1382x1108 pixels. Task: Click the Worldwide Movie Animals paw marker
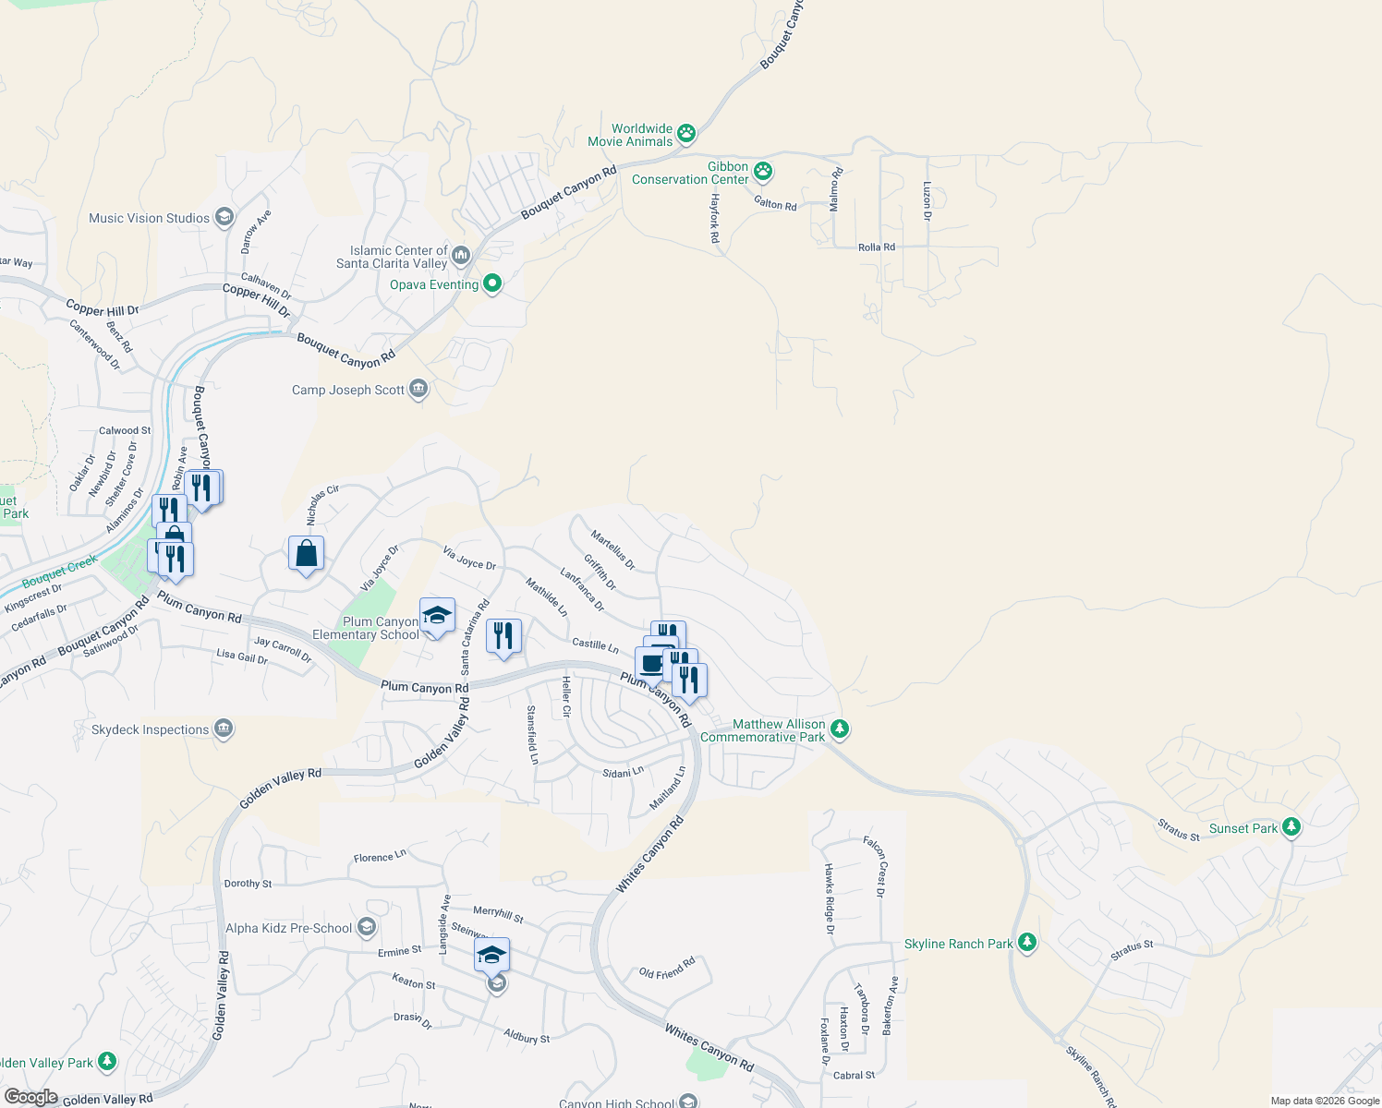click(x=686, y=134)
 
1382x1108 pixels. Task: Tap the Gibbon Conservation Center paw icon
click(x=763, y=172)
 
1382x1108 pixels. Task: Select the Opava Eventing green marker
click(x=492, y=283)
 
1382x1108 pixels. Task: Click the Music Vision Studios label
click(x=149, y=218)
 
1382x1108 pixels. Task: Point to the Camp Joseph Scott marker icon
click(x=418, y=389)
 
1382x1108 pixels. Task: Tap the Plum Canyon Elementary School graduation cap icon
click(x=437, y=616)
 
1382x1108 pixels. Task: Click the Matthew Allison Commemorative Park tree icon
click(x=840, y=729)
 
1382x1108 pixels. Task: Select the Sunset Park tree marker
click(x=1291, y=827)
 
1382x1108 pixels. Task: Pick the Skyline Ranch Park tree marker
click(x=1027, y=943)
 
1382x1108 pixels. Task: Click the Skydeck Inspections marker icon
click(x=223, y=729)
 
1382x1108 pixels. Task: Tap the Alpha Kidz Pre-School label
click(x=289, y=928)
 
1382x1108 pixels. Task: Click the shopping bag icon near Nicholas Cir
click(x=306, y=554)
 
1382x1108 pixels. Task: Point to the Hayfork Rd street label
click(x=714, y=218)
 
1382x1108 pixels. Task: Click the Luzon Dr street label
click(x=927, y=200)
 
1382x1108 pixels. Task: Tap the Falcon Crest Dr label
click(x=874, y=866)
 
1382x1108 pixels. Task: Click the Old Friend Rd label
click(x=667, y=969)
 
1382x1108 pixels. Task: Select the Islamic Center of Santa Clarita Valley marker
click(x=461, y=254)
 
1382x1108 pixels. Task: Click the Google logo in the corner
click(x=30, y=1097)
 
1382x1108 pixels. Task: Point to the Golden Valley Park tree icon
click(x=108, y=1062)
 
